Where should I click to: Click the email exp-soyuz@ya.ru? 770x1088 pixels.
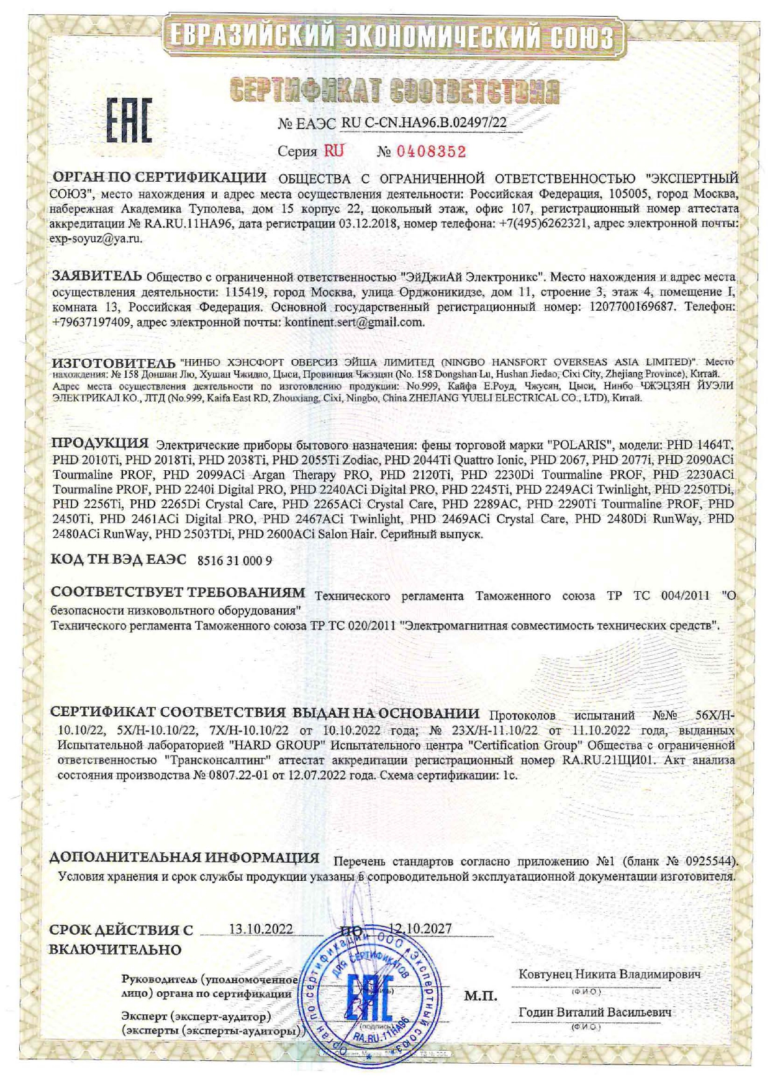[x=96, y=239]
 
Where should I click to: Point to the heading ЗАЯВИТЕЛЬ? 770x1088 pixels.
[x=96, y=275]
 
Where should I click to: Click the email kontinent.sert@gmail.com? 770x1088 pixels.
[x=354, y=322]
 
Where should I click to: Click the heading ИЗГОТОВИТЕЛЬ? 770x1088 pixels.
[x=114, y=362]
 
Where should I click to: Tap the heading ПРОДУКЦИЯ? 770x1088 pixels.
[x=100, y=444]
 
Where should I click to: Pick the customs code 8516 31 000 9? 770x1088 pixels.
[x=234, y=560]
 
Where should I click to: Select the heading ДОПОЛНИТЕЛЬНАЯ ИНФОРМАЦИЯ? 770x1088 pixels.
[x=184, y=858]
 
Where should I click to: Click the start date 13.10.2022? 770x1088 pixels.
[x=261, y=929]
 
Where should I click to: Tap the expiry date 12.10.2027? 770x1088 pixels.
[x=420, y=929]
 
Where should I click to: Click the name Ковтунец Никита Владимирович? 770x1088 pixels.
[x=609, y=974]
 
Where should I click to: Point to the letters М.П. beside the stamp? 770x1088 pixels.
[x=480, y=996]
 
